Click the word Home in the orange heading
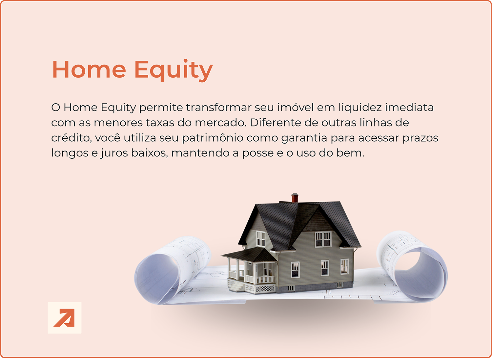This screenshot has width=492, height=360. tap(89, 70)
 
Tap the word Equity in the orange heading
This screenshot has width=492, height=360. tap(174, 70)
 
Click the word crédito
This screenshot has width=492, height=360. tap(71, 138)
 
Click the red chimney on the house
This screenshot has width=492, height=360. tap(295, 198)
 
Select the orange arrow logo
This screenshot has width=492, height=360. tap(65, 318)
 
